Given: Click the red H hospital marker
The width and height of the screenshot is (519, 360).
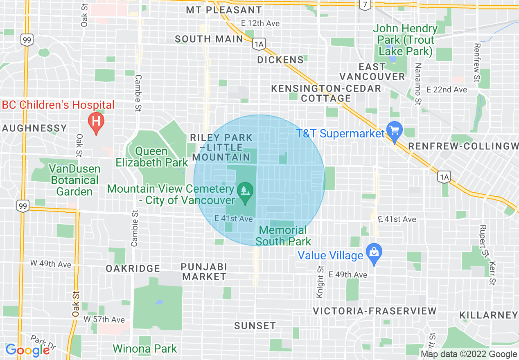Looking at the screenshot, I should pyautogui.click(x=96, y=122).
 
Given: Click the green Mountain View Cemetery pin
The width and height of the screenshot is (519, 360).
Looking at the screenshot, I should pyautogui.click(x=245, y=192).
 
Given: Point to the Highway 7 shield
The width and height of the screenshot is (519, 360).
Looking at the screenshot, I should pyautogui.click(x=365, y=4).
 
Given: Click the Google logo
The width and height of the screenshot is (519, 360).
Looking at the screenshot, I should pyautogui.click(x=27, y=350).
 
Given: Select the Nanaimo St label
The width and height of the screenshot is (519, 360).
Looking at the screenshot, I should pyautogui.click(x=417, y=85).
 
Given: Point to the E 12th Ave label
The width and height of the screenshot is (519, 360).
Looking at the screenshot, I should pyautogui.click(x=260, y=23).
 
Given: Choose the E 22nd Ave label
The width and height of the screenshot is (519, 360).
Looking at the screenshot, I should pyautogui.click(x=447, y=89).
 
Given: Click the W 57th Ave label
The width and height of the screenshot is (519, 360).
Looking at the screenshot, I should pyautogui.click(x=104, y=319).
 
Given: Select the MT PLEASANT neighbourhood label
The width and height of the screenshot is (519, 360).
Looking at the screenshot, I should pyautogui.click(x=224, y=10).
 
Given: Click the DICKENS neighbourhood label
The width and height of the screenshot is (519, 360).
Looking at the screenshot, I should pyautogui.click(x=280, y=60).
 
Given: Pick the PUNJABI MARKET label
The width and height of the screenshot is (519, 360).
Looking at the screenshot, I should pyautogui.click(x=204, y=272).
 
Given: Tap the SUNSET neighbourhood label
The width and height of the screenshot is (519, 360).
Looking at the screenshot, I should pyautogui.click(x=255, y=326).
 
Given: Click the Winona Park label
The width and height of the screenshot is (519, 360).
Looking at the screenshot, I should pyautogui.click(x=145, y=349).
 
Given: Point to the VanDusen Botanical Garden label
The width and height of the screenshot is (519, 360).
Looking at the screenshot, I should pyautogui.click(x=74, y=180).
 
